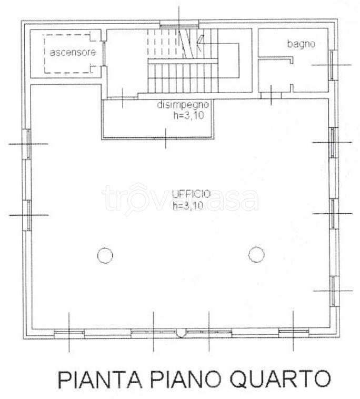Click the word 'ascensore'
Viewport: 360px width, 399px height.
[73, 53]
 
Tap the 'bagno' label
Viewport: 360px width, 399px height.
[301, 44]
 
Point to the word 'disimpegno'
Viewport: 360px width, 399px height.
[184, 105]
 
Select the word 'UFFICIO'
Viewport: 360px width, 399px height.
[191, 194]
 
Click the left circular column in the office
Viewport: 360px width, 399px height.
[105, 256]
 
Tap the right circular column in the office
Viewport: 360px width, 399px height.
[256, 255]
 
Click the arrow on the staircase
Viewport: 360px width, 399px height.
[200, 42]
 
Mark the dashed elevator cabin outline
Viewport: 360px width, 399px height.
[68, 53]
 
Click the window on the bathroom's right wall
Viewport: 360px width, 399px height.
[332, 64]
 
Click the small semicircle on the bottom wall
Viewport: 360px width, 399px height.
[181, 332]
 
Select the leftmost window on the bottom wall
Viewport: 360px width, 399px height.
[69, 332]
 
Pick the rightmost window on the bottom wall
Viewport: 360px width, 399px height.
[294, 332]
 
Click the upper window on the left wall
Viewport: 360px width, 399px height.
[28, 143]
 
